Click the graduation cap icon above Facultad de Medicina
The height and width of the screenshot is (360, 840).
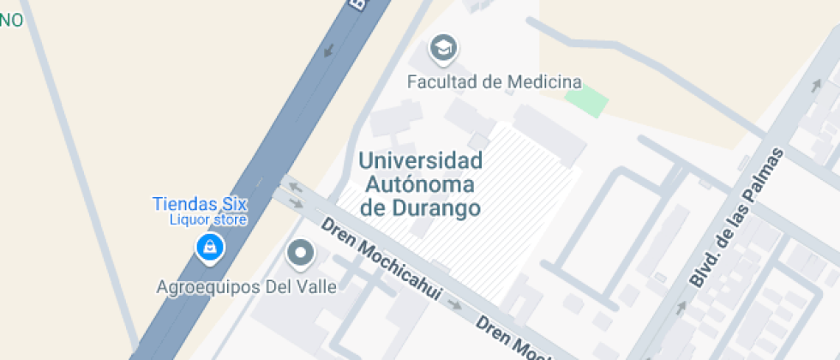(x=443, y=49)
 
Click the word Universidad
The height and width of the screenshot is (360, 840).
(x=420, y=160)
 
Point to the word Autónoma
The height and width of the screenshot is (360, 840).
(x=420, y=183)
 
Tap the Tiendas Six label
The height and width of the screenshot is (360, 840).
(x=200, y=204)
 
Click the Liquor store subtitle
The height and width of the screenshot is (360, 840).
(x=208, y=219)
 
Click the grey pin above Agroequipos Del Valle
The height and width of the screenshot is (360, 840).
(x=300, y=253)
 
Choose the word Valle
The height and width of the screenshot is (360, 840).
(x=315, y=286)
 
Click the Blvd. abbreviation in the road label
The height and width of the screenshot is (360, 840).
(x=705, y=268)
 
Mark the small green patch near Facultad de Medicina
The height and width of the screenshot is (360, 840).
(x=587, y=100)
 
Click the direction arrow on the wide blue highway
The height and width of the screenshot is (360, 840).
(x=328, y=51)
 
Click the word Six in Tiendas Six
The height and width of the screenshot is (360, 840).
(x=232, y=204)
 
